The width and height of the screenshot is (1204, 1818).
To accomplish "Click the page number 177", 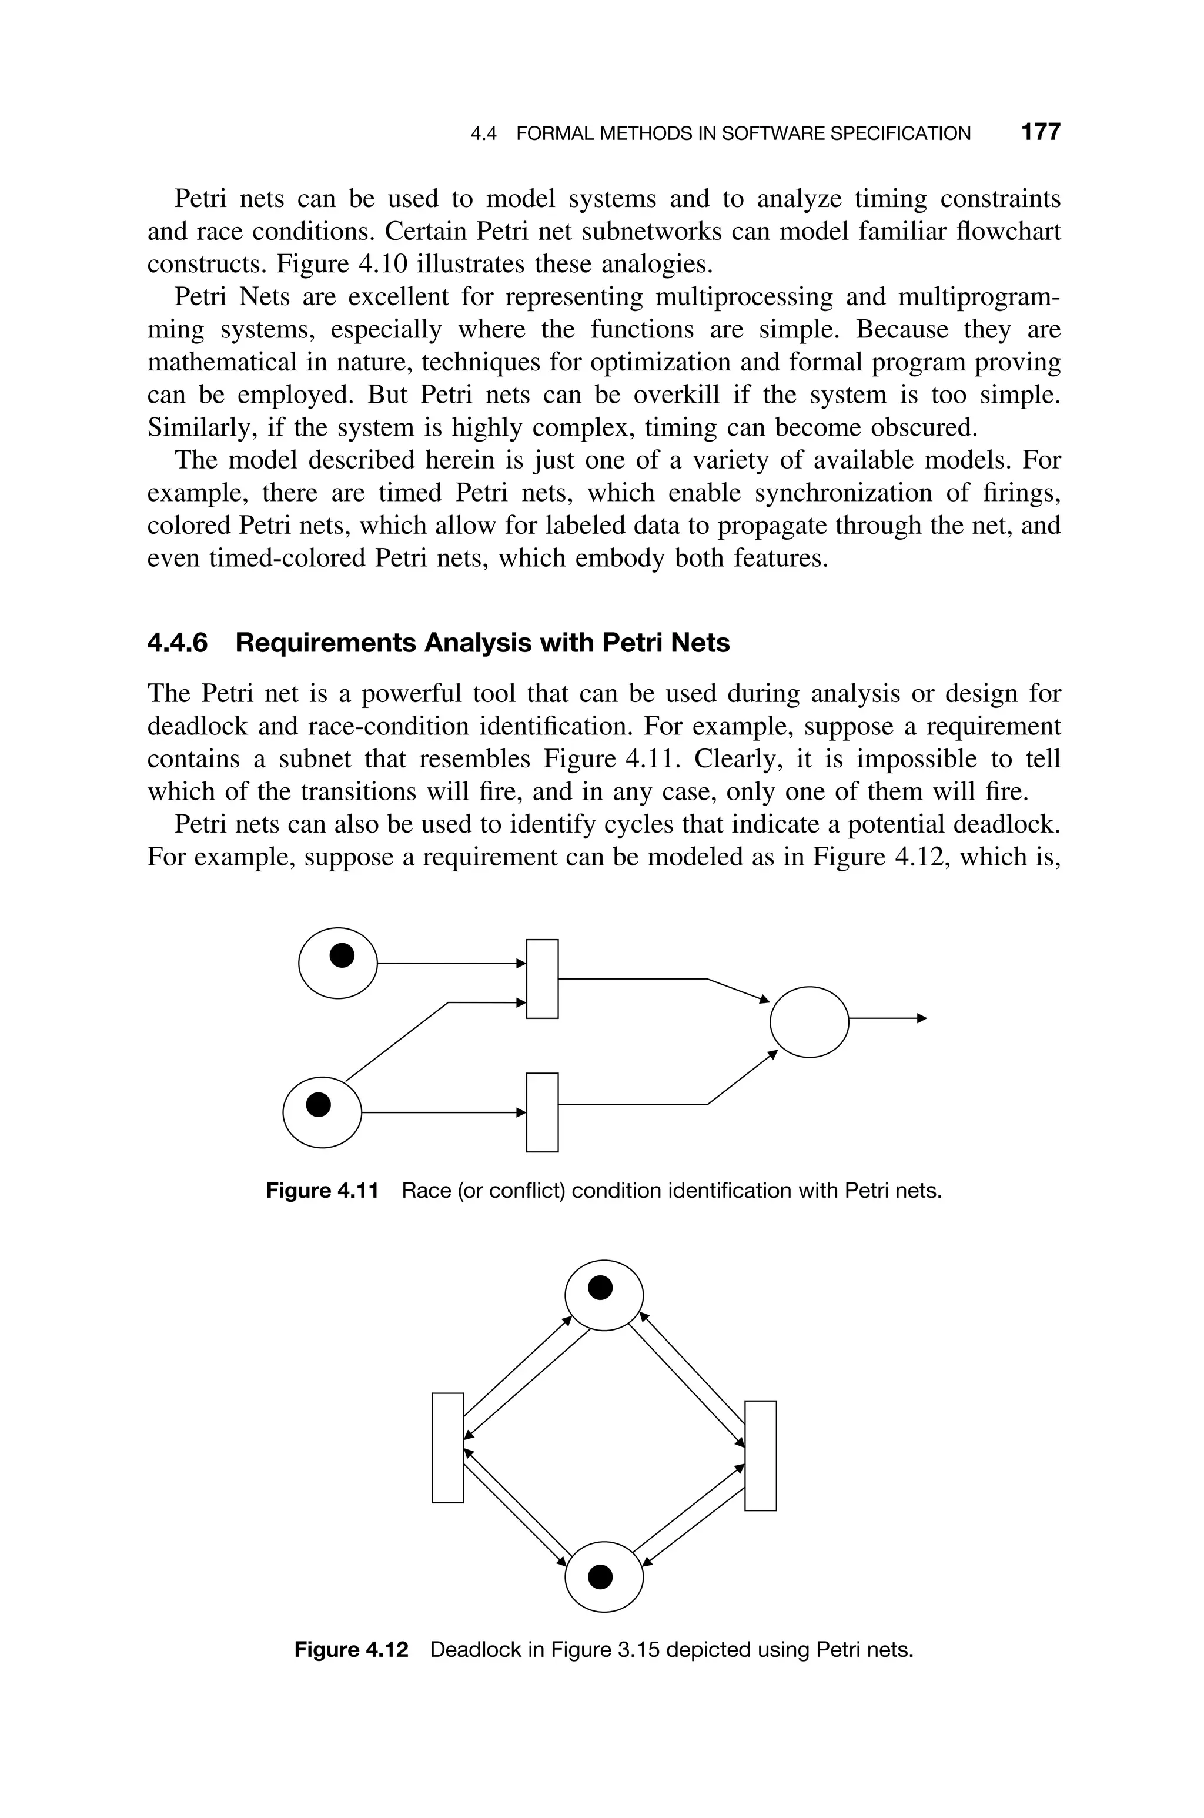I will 1041,132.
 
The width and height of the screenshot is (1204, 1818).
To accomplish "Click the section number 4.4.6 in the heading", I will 178,643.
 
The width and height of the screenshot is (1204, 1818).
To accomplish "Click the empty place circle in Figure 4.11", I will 810,1022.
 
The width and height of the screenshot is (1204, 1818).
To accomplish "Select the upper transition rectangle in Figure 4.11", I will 542,979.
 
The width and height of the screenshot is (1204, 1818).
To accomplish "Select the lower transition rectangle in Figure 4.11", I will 542,1112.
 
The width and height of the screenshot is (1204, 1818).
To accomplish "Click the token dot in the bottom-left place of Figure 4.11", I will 319,1105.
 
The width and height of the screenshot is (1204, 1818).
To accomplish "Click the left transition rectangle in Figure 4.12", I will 447,1448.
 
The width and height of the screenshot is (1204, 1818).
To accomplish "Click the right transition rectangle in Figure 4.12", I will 760,1456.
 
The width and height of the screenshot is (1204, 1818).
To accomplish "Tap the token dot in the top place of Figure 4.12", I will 600,1288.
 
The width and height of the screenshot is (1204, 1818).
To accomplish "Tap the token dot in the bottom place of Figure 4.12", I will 600,1578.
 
